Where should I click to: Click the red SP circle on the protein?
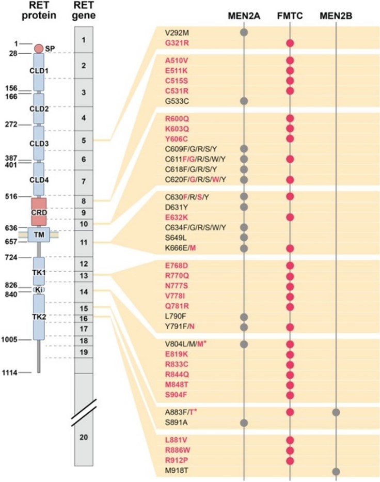(39, 49)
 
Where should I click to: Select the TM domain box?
(39, 234)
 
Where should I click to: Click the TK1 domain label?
(39, 272)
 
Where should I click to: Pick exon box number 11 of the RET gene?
(84, 242)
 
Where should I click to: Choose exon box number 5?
(84, 140)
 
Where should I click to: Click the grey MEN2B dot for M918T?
(336, 471)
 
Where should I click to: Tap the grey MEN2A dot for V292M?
(244, 32)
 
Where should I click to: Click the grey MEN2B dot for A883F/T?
(336, 412)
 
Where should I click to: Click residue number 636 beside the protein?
(11, 227)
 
